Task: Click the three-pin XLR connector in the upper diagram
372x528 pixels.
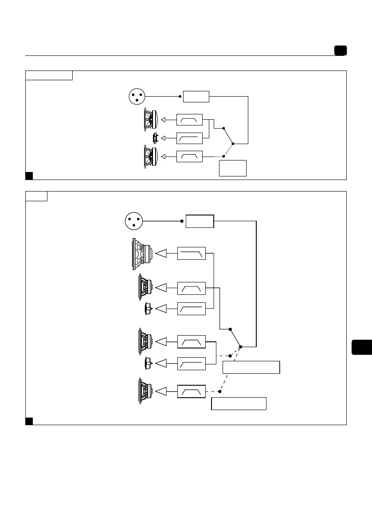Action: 137,96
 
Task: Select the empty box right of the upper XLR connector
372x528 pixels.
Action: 196,96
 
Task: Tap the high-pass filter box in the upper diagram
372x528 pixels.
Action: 189,138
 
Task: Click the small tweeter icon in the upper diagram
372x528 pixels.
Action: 155,138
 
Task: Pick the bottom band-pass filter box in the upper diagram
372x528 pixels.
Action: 189,156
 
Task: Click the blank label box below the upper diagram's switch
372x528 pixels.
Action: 233,168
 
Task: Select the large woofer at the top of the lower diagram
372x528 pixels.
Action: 142,254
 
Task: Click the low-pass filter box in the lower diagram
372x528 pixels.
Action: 192,253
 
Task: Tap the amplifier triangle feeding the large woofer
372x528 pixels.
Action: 162,253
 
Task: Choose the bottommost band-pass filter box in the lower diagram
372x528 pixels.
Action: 192,391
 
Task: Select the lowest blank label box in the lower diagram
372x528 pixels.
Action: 239,404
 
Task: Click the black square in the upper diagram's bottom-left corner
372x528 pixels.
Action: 29,176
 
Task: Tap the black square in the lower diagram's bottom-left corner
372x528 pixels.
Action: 29,421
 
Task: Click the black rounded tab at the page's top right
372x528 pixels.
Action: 341,51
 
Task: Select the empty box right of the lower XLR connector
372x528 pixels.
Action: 200,221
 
